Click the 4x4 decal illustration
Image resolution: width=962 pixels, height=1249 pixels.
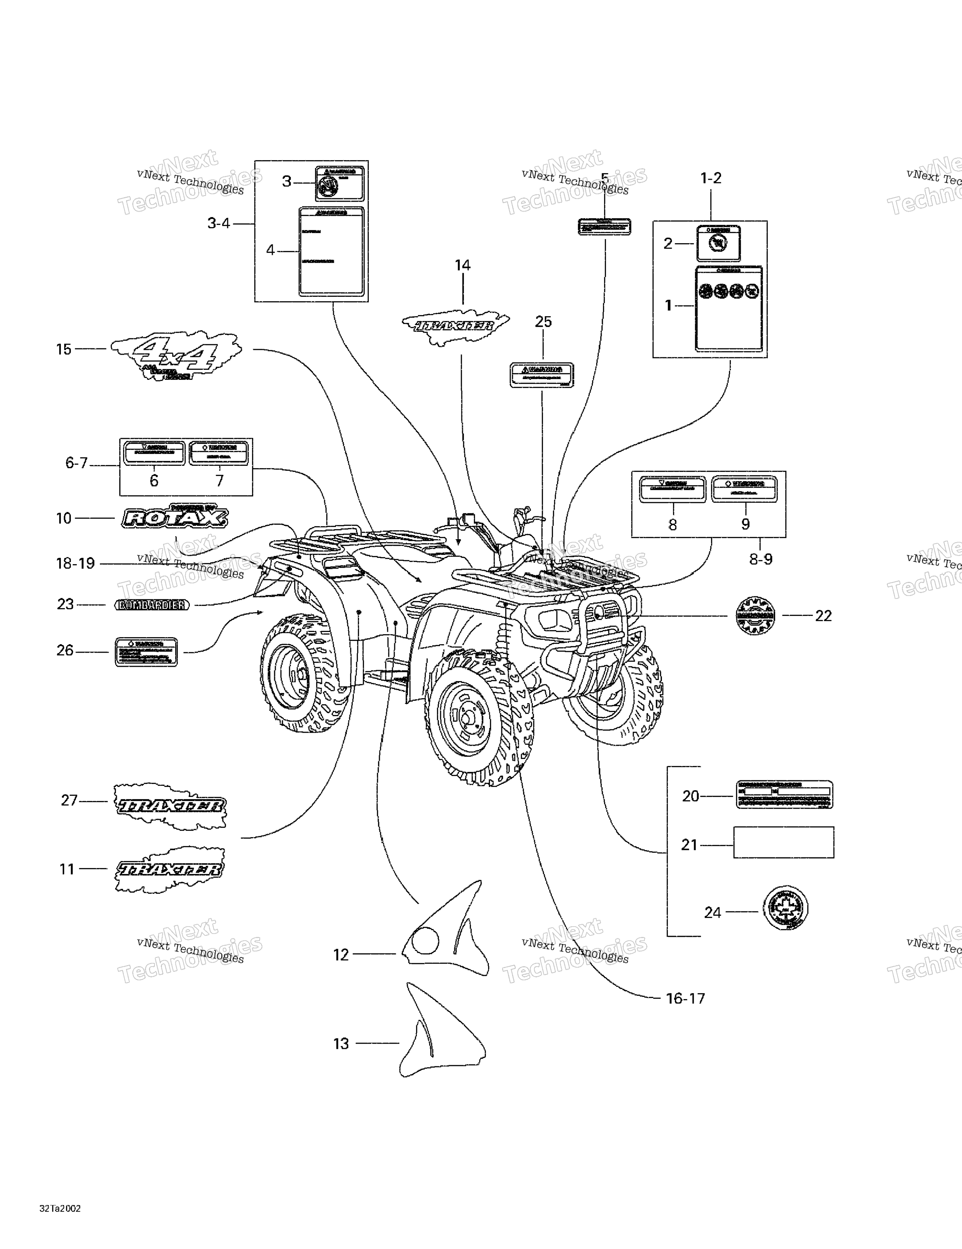tap(176, 356)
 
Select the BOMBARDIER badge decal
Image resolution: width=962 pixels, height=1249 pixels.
tap(152, 604)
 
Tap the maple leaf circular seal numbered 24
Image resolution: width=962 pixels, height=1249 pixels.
tap(785, 908)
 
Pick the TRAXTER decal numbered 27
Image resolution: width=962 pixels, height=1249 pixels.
tap(170, 806)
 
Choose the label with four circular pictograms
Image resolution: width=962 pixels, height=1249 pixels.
tap(729, 308)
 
